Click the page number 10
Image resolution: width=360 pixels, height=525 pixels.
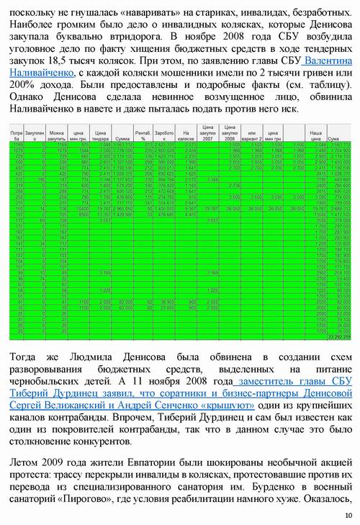pos(348,515)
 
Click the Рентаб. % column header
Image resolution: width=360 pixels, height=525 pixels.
pos(143,135)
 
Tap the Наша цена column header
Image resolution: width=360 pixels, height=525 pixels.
pos(315,135)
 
